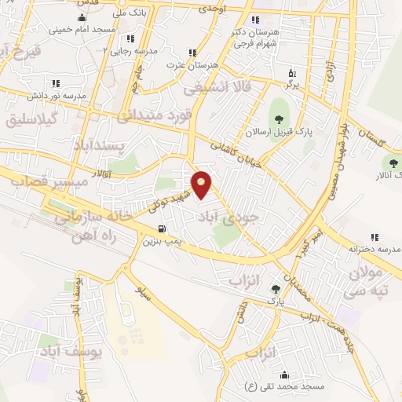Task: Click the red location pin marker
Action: point(203,185)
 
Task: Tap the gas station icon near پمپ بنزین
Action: point(162,229)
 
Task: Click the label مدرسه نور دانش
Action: point(54,95)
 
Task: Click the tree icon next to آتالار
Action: point(390,163)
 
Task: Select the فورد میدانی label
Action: point(153,116)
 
